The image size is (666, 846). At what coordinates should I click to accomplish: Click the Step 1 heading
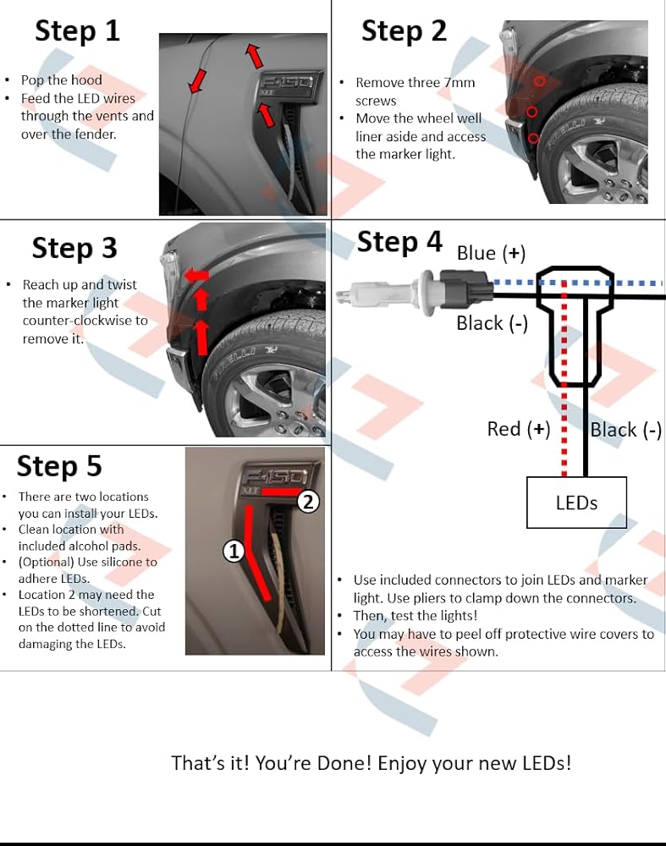coord(77,30)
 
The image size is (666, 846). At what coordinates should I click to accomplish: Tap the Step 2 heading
coord(405,30)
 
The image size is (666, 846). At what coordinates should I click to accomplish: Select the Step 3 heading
coord(74,249)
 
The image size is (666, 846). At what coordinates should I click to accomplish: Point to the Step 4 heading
coord(400,242)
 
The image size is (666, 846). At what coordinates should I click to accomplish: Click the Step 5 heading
coord(59,466)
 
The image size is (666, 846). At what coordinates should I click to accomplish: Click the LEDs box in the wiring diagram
coord(576,503)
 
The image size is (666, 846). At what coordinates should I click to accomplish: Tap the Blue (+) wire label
coord(491,254)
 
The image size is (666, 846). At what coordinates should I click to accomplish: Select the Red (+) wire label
coord(519,430)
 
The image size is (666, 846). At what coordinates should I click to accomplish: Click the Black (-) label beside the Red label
coord(626,430)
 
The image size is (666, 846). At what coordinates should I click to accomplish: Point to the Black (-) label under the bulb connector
coord(493,324)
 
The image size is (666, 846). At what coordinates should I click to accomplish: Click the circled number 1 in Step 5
coord(234,552)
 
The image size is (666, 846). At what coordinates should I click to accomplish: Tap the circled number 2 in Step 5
coord(308,502)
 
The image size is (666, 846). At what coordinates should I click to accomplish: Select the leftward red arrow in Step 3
coord(196,276)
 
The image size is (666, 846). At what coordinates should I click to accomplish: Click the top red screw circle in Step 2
coord(539,81)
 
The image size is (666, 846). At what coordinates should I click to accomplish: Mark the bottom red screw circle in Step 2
coord(533,139)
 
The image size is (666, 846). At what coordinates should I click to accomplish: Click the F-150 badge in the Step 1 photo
coord(288,85)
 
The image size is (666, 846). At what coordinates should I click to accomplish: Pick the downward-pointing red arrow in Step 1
coord(197,81)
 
